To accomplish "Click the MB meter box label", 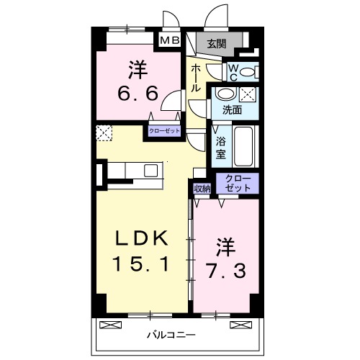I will tap(170, 41).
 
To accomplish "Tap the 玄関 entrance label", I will tap(217, 44).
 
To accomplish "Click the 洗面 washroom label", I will tap(231, 111).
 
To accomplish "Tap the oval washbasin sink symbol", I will tap(225, 94).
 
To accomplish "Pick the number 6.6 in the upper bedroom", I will tap(138, 94).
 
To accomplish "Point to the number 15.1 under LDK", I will tap(140, 264).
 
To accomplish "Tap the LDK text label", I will tap(141, 238).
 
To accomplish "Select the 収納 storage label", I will tap(202, 188).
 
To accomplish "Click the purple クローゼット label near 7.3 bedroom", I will tap(238, 183).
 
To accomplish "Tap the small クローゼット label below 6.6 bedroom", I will tap(166, 130).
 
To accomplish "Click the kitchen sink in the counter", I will tap(151, 170).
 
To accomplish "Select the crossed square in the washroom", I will tap(248, 94).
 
